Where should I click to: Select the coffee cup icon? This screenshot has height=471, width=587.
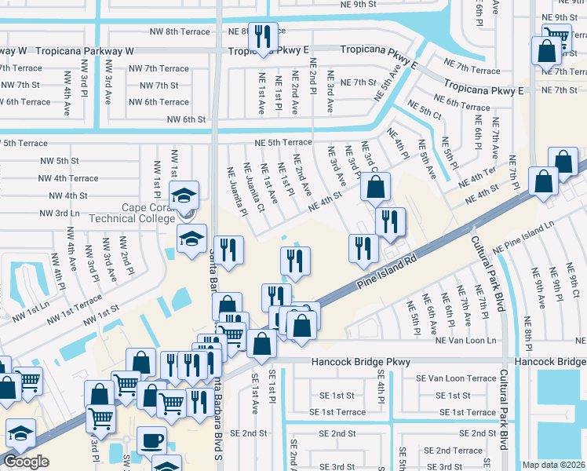[151, 440]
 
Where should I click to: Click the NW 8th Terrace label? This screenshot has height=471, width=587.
[180, 32]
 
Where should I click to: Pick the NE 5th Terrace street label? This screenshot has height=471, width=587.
[283, 143]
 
